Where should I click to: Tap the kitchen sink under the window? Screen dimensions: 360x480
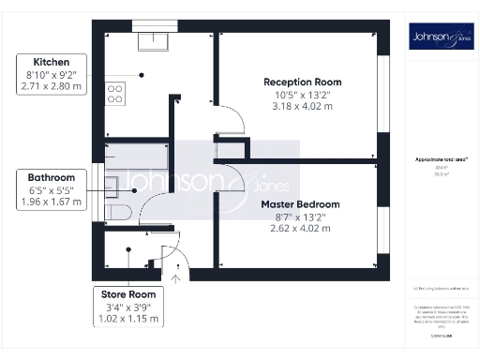tap(150, 40)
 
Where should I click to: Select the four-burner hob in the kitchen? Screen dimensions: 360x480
tap(116, 93)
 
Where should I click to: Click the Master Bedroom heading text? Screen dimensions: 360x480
tap(299, 203)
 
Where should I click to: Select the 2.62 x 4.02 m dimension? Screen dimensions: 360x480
tap(299, 227)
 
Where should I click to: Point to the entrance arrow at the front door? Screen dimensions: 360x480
tap(177, 274)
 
